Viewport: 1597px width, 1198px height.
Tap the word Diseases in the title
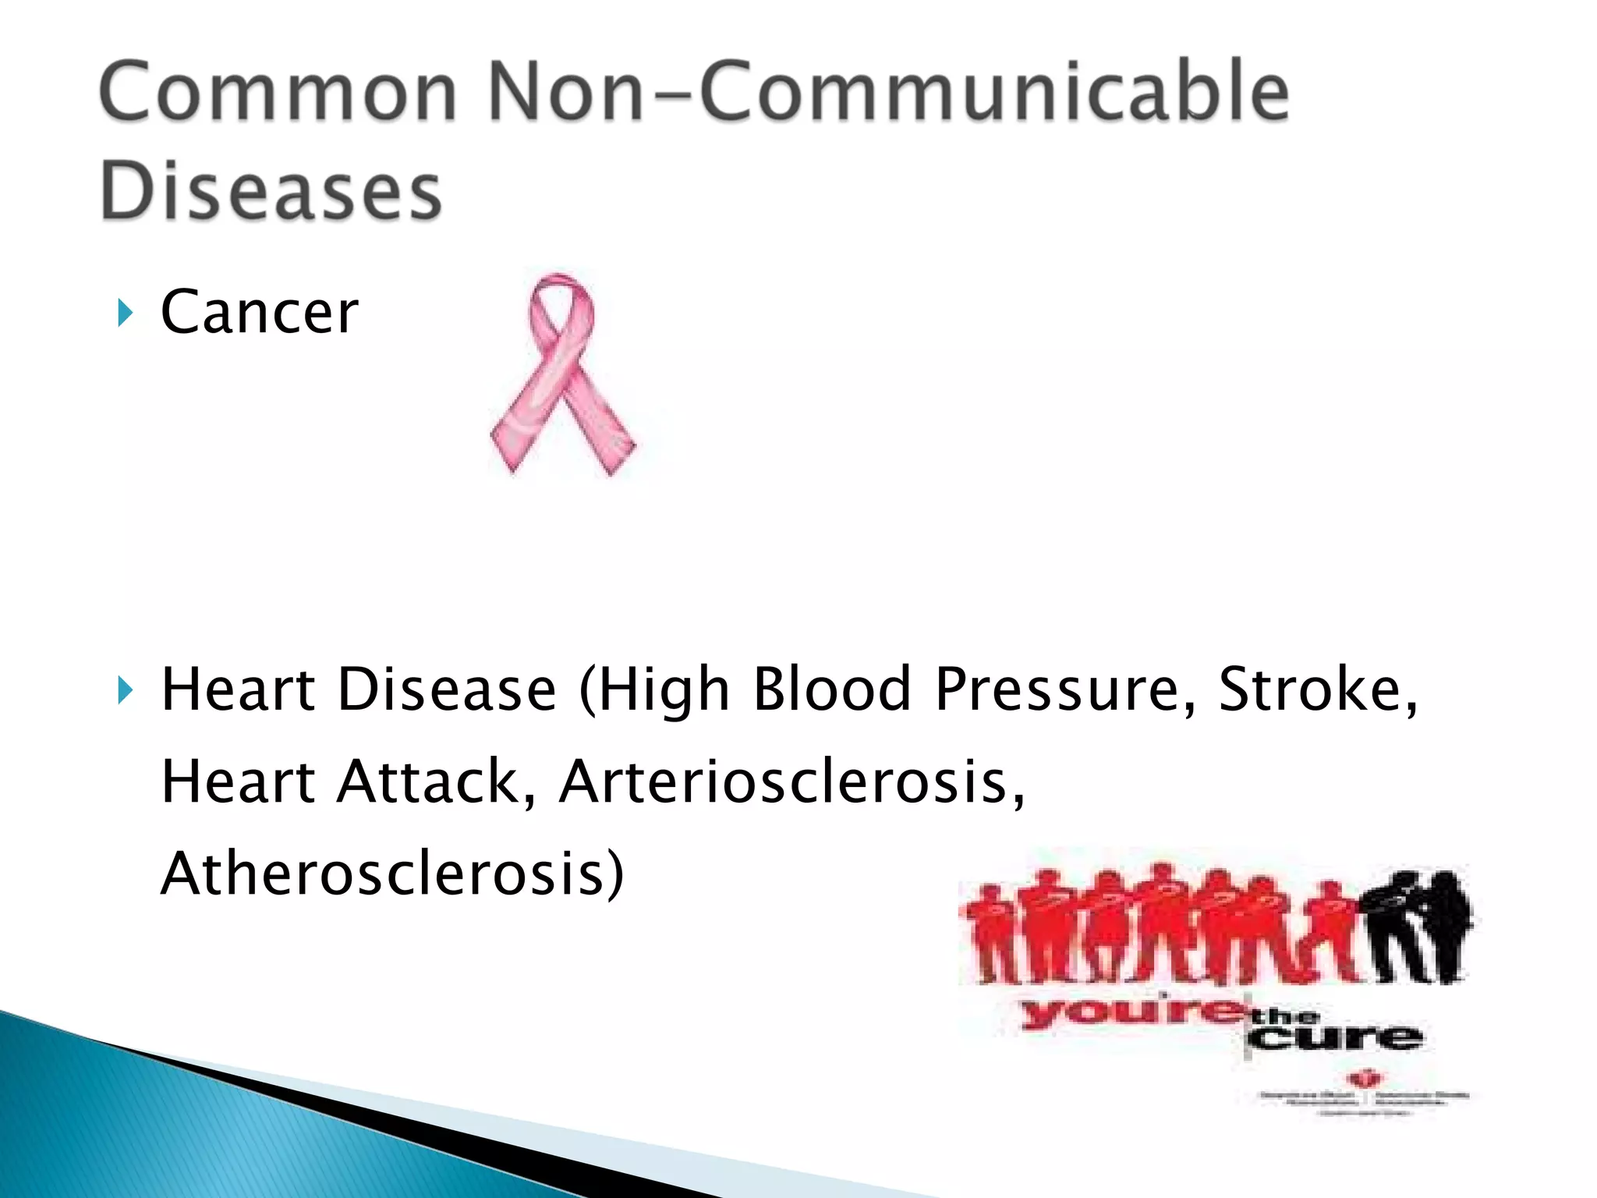[271, 191]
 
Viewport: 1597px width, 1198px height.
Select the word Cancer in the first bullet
[259, 312]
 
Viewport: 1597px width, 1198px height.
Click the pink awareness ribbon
[562, 374]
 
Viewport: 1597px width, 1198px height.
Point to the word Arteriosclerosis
[791, 782]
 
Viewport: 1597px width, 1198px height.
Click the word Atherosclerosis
[392, 874]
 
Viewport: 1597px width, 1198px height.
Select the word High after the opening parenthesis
[663, 690]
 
